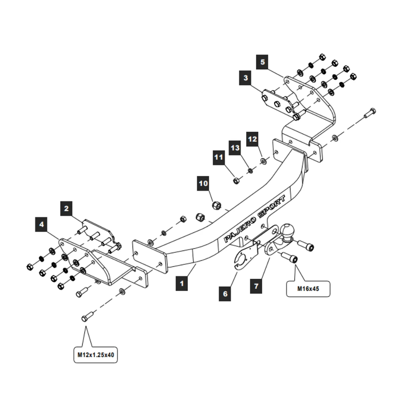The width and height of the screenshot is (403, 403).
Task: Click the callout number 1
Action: (x=182, y=283)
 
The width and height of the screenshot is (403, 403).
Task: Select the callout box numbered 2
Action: (x=66, y=208)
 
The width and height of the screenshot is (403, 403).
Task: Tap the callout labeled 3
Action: (x=246, y=77)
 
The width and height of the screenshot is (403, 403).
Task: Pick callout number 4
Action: (x=42, y=224)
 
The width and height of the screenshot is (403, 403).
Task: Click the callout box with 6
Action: (x=225, y=294)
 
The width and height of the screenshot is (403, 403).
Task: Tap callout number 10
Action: (x=204, y=183)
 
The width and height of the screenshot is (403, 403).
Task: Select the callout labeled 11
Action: (x=219, y=157)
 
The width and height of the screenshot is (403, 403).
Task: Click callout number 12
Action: (x=252, y=139)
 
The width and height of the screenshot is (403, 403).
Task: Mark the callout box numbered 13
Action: (x=235, y=148)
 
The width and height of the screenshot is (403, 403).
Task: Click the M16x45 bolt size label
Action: (x=308, y=289)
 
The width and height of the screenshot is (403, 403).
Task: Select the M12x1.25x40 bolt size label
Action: (x=96, y=355)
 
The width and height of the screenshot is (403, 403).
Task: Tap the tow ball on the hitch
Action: (x=287, y=232)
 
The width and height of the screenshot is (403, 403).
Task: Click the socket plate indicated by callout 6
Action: (x=245, y=258)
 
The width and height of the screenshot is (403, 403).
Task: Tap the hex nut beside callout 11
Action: (x=236, y=180)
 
